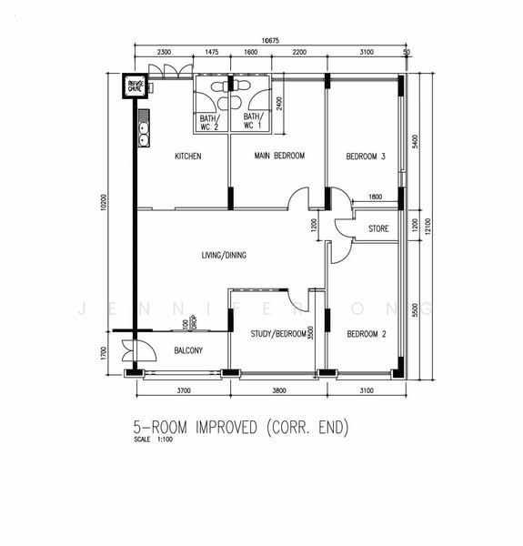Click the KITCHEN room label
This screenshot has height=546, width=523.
tap(188, 157)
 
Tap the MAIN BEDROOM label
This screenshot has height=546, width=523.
tap(279, 157)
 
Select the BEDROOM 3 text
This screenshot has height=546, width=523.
tap(366, 157)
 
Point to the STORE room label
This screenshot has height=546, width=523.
tap(377, 228)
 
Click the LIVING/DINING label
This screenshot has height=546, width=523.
tap(224, 255)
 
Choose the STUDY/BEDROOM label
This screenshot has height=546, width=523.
tap(278, 334)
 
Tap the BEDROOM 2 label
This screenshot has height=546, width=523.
tap(367, 334)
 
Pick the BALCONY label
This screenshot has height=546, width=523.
tap(187, 350)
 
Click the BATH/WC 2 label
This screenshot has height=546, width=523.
tap(209, 122)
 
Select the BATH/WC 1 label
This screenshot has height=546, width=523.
tap(252, 122)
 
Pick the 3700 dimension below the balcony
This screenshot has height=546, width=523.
tap(183, 390)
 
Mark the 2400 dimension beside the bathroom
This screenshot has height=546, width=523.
tap(279, 104)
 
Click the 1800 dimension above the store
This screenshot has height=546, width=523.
tap(375, 197)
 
